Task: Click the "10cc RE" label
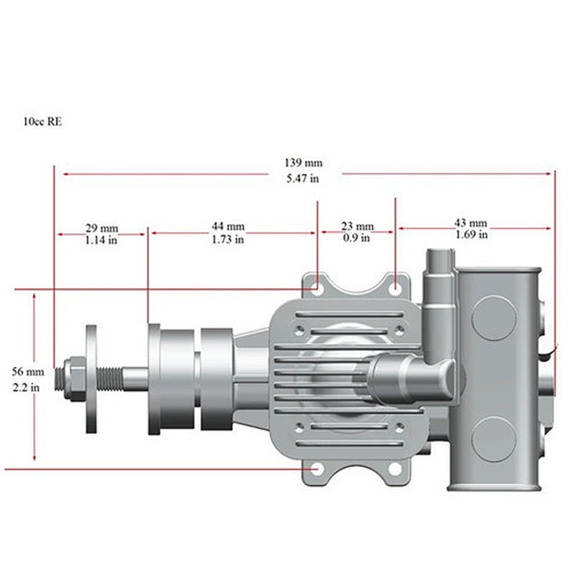43,122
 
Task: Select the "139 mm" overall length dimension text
303,163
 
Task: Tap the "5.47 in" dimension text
302,178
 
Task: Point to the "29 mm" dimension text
102,228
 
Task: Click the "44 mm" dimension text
228,227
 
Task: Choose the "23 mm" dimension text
357,227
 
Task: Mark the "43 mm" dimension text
470,223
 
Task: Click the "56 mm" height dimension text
28,372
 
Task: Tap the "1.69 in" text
471,235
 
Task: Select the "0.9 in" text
356,238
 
